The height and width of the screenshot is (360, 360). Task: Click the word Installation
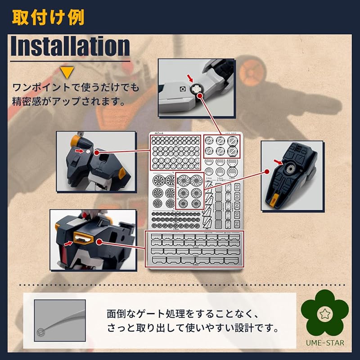(x=70, y=46)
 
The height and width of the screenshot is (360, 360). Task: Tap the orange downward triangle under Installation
(x=68, y=72)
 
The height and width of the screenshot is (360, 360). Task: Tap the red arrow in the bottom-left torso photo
(x=67, y=243)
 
